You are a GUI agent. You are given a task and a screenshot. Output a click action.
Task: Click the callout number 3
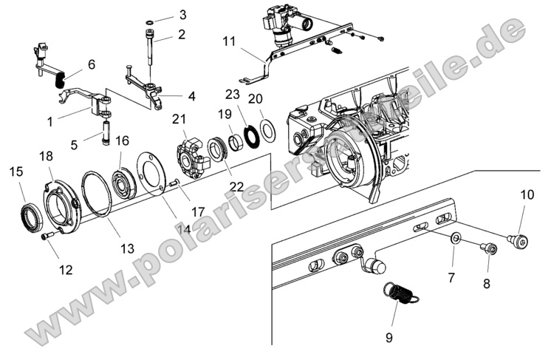pos(182,14)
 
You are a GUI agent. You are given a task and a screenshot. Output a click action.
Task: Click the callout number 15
pos(16,171)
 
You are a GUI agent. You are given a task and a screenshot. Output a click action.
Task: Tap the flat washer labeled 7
pos(456,238)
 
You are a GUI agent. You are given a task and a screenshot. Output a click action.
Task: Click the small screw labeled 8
pos(487,248)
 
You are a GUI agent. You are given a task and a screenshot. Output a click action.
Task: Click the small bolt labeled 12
pos(49,237)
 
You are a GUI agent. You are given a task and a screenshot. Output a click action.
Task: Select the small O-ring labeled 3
pos(150,23)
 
